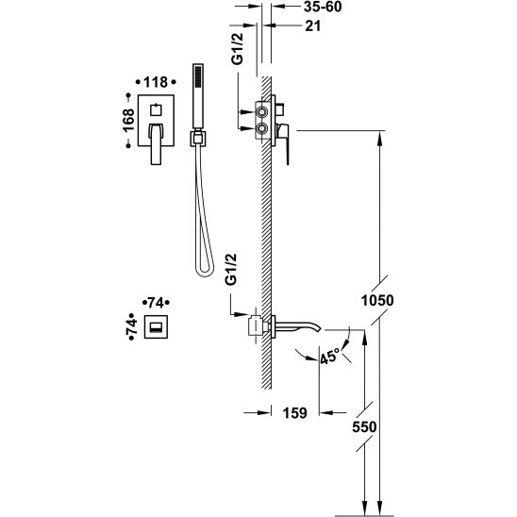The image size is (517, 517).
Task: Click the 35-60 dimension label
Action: (x=323, y=7)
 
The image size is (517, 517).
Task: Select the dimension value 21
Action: (x=312, y=26)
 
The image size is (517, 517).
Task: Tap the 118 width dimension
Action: (x=156, y=82)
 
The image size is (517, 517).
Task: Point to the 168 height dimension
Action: (x=128, y=121)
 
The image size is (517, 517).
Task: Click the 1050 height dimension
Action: (x=377, y=300)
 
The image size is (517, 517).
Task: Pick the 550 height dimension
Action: (x=364, y=427)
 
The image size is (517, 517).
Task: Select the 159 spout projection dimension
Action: (x=294, y=413)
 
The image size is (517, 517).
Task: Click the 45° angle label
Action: (x=329, y=357)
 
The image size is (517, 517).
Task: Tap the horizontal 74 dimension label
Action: (x=156, y=302)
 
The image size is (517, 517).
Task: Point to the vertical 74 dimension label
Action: (x=131, y=326)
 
